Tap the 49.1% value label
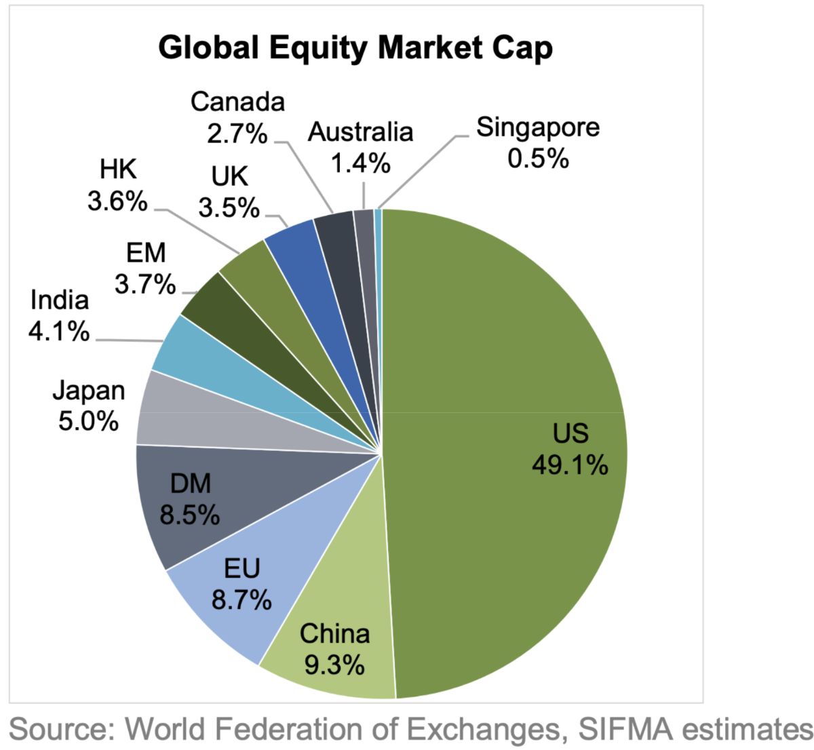[x=570, y=465]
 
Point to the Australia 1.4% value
[x=361, y=163]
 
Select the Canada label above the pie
[x=237, y=102]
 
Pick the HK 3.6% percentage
[x=117, y=201]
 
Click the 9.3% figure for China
[x=334, y=666]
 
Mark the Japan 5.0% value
[x=88, y=421]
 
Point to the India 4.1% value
[x=59, y=331]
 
